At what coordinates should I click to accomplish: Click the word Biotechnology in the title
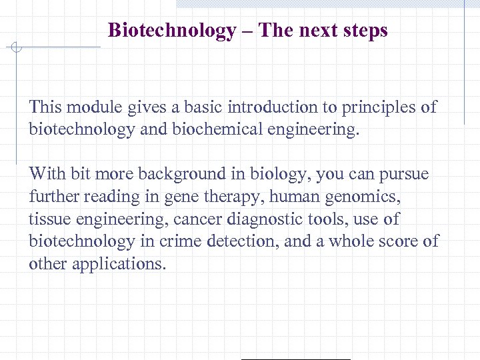tap(171, 31)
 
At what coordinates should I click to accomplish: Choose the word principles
tap(380, 107)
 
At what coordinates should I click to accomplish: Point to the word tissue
tap(48, 219)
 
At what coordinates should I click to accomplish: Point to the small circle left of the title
tap(17, 47)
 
